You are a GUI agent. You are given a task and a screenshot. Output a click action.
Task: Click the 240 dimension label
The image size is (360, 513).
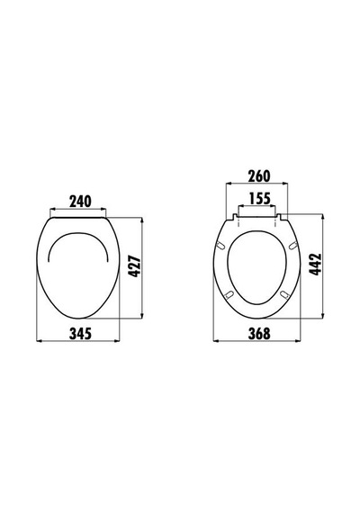click(80, 202)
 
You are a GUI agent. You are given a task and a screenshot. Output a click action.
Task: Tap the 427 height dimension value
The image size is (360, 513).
click(134, 267)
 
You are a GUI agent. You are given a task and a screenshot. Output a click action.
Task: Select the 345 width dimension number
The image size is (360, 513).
click(80, 333)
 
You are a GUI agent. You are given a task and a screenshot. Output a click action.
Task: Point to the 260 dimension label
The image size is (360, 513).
click(259, 176)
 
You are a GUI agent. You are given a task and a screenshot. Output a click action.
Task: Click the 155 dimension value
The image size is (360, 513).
click(260, 199)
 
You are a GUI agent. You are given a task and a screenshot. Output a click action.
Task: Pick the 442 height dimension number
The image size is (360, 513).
click(316, 265)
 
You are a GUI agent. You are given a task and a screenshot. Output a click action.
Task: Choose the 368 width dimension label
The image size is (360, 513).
click(259, 333)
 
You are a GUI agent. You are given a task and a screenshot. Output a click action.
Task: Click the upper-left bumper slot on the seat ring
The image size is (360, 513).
click(221, 245)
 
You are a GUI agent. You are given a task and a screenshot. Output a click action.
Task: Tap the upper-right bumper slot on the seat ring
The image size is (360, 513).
click(292, 245)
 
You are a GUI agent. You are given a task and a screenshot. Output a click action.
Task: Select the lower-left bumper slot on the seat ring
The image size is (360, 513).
click(229, 293)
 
